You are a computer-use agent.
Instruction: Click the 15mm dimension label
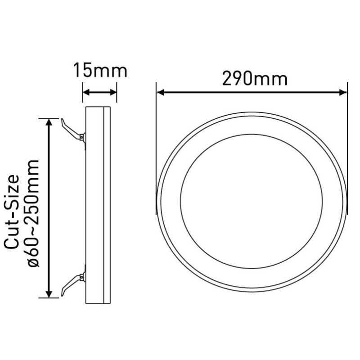100,71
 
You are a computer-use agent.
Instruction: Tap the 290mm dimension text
254,79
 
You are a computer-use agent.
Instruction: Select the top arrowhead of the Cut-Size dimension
49,123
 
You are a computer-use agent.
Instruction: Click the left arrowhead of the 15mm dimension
86,93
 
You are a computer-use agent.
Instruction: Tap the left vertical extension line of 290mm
156,135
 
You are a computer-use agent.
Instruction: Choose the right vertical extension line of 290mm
348,135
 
